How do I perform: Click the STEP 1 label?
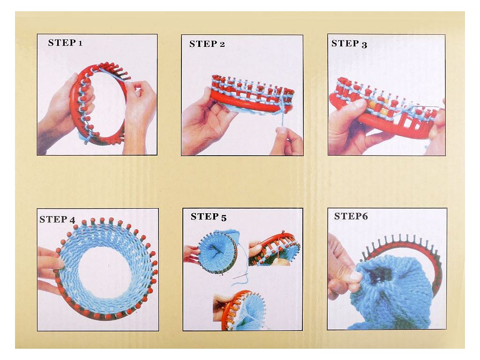coord(65,43)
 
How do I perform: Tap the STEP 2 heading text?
coord(207,44)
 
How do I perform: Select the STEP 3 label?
coord(349,44)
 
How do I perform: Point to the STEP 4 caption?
coord(57,219)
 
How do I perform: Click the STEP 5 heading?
coord(209,217)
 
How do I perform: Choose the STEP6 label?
coord(351,216)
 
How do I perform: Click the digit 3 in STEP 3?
coord(364,45)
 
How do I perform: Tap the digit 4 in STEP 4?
coord(72,220)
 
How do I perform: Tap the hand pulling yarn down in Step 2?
coord(286,141)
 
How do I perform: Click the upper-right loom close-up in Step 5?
coord(274,249)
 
